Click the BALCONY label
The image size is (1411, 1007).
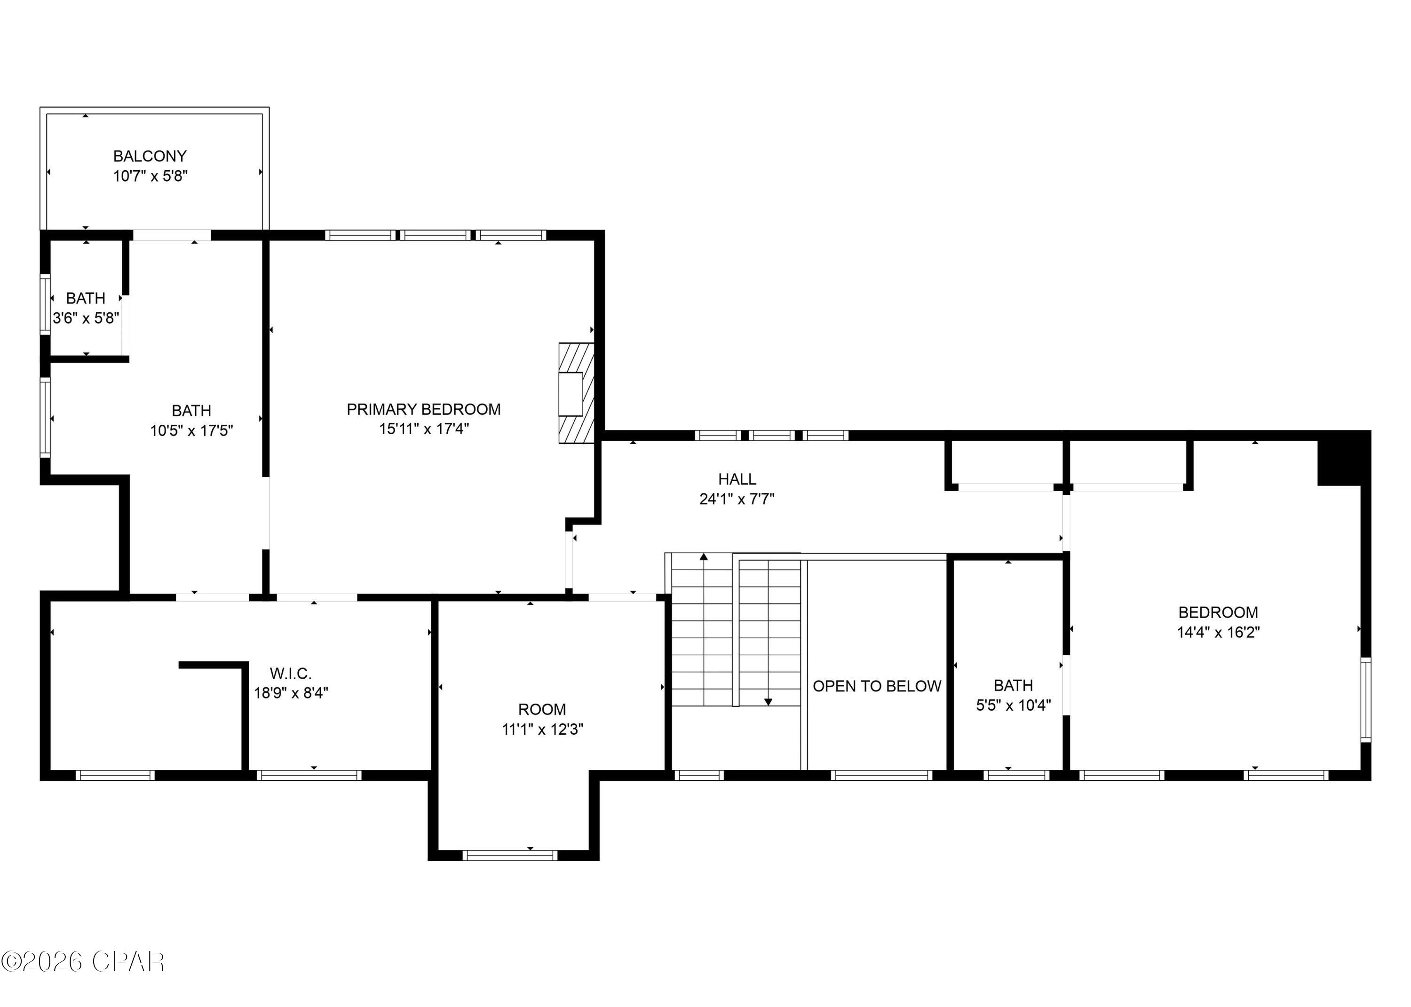[x=150, y=156]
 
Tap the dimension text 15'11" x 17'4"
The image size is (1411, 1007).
[x=424, y=429]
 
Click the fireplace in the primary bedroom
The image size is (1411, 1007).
[x=576, y=394]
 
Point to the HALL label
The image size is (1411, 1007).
[x=737, y=479]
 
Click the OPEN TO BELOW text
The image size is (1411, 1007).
[x=877, y=686]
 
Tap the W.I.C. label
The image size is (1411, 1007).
[x=290, y=674]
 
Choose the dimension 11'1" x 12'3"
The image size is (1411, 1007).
[x=542, y=729]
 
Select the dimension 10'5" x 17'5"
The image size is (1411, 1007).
[x=191, y=430]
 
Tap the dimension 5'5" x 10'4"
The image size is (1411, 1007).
[x=1013, y=706]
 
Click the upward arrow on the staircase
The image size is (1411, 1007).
[x=704, y=557]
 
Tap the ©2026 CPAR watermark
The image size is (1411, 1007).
[x=83, y=962]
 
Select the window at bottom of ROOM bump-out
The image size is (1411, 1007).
[x=509, y=856]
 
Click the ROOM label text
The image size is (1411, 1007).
[x=542, y=709]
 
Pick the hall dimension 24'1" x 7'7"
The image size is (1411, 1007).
[x=737, y=499]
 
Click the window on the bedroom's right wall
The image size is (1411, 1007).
[x=1366, y=699]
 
